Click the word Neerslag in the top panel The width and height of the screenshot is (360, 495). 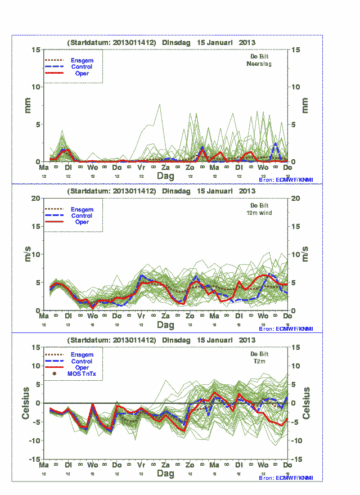pyautogui.click(x=259, y=64)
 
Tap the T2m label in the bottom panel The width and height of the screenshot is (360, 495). pyautogui.click(x=260, y=362)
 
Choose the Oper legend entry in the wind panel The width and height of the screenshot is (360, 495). pyautogui.click(x=82, y=222)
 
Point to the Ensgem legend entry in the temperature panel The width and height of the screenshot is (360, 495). pyautogui.click(x=82, y=355)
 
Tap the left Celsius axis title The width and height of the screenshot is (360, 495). pyautogui.click(x=26, y=403)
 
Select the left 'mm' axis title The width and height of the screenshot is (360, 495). pyautogui.click(x=27, y=106)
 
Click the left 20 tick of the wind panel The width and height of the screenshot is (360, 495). pyautogui.click(x=35, y=199)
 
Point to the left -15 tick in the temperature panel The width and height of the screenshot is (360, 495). pyautogui.click(x=34, y=459)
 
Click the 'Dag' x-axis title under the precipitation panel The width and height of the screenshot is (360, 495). pyautogui.click(x=165, y=176)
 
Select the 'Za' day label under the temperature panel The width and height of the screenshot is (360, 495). pyautogui.click(x=166, y=466)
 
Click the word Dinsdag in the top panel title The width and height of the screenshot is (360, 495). pyautogui.click(x=177, y=43)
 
